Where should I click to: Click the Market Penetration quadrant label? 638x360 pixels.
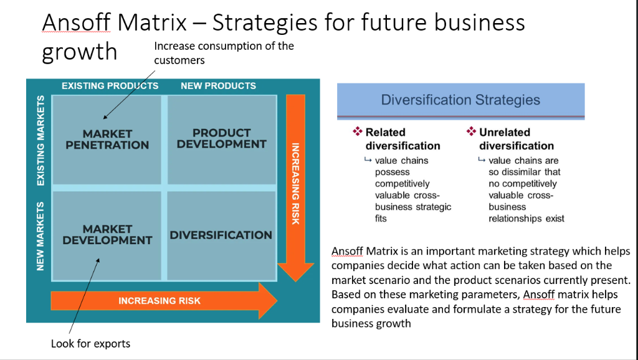click(107, 140)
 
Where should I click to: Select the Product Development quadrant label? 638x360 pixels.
click(221, 138)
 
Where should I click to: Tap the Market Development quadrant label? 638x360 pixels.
click(107, 235)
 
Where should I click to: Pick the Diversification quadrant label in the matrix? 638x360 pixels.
click(221, 235)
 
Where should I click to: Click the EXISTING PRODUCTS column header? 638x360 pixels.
click(110, 86)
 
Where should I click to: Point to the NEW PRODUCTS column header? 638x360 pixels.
click(218, 86)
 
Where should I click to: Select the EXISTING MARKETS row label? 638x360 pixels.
click(40, 140)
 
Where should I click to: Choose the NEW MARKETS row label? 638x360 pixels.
click(40, 235)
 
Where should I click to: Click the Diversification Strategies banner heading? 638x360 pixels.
click(460, 100)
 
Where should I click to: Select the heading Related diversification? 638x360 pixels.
click(402, 139)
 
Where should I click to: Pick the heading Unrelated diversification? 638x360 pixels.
click(516, 139)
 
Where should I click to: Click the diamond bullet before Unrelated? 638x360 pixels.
click(471, 132)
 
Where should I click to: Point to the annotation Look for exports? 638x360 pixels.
click(90, 343)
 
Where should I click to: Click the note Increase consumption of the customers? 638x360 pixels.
click(224, 53)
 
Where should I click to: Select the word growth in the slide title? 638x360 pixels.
click(79, 52)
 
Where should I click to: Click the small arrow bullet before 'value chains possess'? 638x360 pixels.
click(368, 161)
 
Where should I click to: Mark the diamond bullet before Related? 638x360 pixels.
click(358, 132)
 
